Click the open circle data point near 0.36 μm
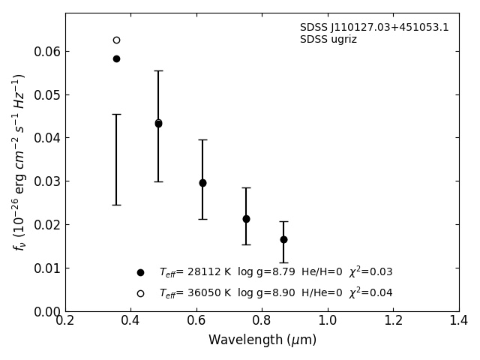coord(116,40)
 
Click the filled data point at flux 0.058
coord(116,58)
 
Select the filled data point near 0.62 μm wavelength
coord(202,183)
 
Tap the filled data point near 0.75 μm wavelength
coord(246,219)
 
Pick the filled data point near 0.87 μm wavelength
coord(283,239)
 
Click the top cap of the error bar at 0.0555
coord(158,70)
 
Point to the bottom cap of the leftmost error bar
coord(116,205)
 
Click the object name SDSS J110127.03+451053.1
coord(374,28)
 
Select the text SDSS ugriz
coord(328,40)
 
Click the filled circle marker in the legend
coord(140,272)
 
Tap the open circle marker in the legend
coord(140,293)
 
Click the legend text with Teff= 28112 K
coord(275,272)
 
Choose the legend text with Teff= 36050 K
coord(275,293)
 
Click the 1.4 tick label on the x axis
coord(459,321)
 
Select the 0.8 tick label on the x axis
coord(262,321)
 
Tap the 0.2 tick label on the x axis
coord(65,321)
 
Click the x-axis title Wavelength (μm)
coord(262,340)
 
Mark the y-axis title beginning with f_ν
coord(19,162)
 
